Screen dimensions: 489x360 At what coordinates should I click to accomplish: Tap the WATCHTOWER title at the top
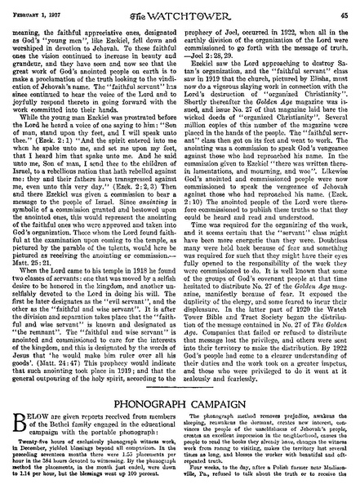tap(180, 11)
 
